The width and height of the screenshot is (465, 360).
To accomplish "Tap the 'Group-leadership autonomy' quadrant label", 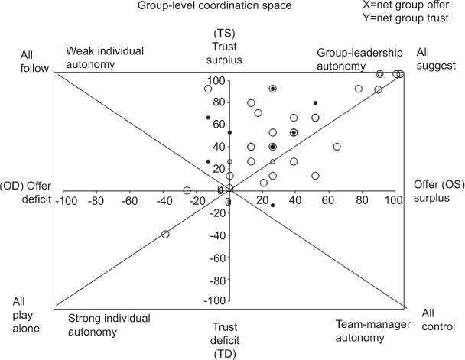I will point(359,57).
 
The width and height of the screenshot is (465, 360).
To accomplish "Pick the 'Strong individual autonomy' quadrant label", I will point(109,325).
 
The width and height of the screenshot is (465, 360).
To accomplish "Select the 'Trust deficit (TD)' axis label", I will point(229,336).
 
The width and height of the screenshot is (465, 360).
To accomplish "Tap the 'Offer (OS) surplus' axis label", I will point(437,192).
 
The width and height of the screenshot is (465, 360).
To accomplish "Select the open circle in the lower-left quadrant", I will point(165,234).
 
